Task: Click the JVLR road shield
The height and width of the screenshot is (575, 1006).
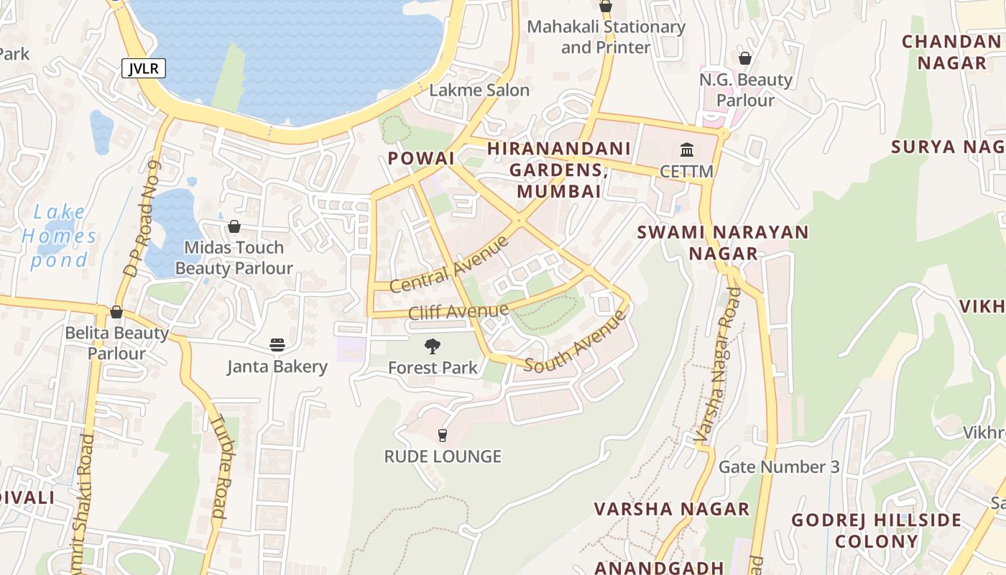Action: [x=144, y=69]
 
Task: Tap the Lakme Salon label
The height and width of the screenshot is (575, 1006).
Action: [x=479, y=91]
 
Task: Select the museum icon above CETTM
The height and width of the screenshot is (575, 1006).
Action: [x=686, y=151]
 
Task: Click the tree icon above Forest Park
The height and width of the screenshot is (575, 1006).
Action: [x=432, y=347]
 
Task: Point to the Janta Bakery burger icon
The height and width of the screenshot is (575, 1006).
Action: [x=277, y=345]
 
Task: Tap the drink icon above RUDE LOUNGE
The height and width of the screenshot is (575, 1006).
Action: [x=443, y=435]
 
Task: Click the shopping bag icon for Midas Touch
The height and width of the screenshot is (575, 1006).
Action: [x=234, y=227]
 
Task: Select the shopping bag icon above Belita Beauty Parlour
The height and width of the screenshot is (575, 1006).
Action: [x=116, y=313]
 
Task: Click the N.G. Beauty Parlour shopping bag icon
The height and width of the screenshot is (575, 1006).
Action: [x=745, y=58]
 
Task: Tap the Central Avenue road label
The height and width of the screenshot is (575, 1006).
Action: [x=449, y=264]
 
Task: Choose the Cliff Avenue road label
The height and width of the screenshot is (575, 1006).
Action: [x=458, y=312]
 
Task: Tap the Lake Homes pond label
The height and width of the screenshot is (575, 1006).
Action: [x=59, y=236]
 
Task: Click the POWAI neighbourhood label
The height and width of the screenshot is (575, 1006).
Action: [x=421, y=158]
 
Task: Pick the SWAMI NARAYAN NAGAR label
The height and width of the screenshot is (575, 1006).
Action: [x=723, y=243]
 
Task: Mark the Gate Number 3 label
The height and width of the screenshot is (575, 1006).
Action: [x=779, y=467]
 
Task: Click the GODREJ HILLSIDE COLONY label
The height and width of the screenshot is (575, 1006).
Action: [x=876, y=530]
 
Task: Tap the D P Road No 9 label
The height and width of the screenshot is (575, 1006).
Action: [x=142, y=220]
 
